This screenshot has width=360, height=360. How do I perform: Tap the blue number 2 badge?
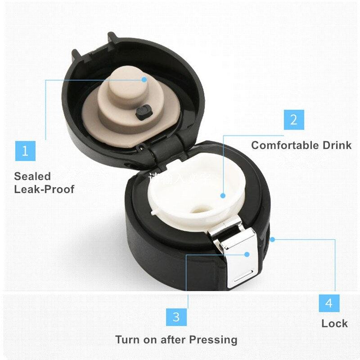point(294,120)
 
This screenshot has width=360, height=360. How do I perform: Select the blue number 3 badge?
point(176,316)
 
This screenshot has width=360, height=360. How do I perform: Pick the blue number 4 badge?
point(329,303)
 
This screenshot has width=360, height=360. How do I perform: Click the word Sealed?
point(32,176)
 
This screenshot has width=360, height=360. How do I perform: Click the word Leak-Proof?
point(44,189)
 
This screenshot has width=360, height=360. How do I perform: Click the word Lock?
point(334,324)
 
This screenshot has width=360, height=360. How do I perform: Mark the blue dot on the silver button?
point(247,254)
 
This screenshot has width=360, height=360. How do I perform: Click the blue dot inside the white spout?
point(223,195)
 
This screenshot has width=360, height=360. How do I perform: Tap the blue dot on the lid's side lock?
point(272,239)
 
